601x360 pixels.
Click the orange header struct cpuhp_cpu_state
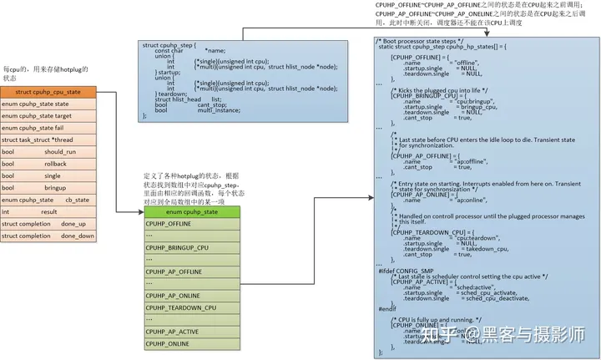48,91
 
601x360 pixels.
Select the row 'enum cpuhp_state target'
48,116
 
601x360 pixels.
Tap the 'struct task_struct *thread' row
48,140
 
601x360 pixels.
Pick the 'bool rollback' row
48,165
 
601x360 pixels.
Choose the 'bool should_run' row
48,152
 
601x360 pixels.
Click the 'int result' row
48,212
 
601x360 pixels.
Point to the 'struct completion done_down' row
48,236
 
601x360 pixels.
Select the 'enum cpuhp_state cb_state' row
48,200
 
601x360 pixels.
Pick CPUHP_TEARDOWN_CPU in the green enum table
180,308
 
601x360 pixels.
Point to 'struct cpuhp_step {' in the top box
169,45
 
